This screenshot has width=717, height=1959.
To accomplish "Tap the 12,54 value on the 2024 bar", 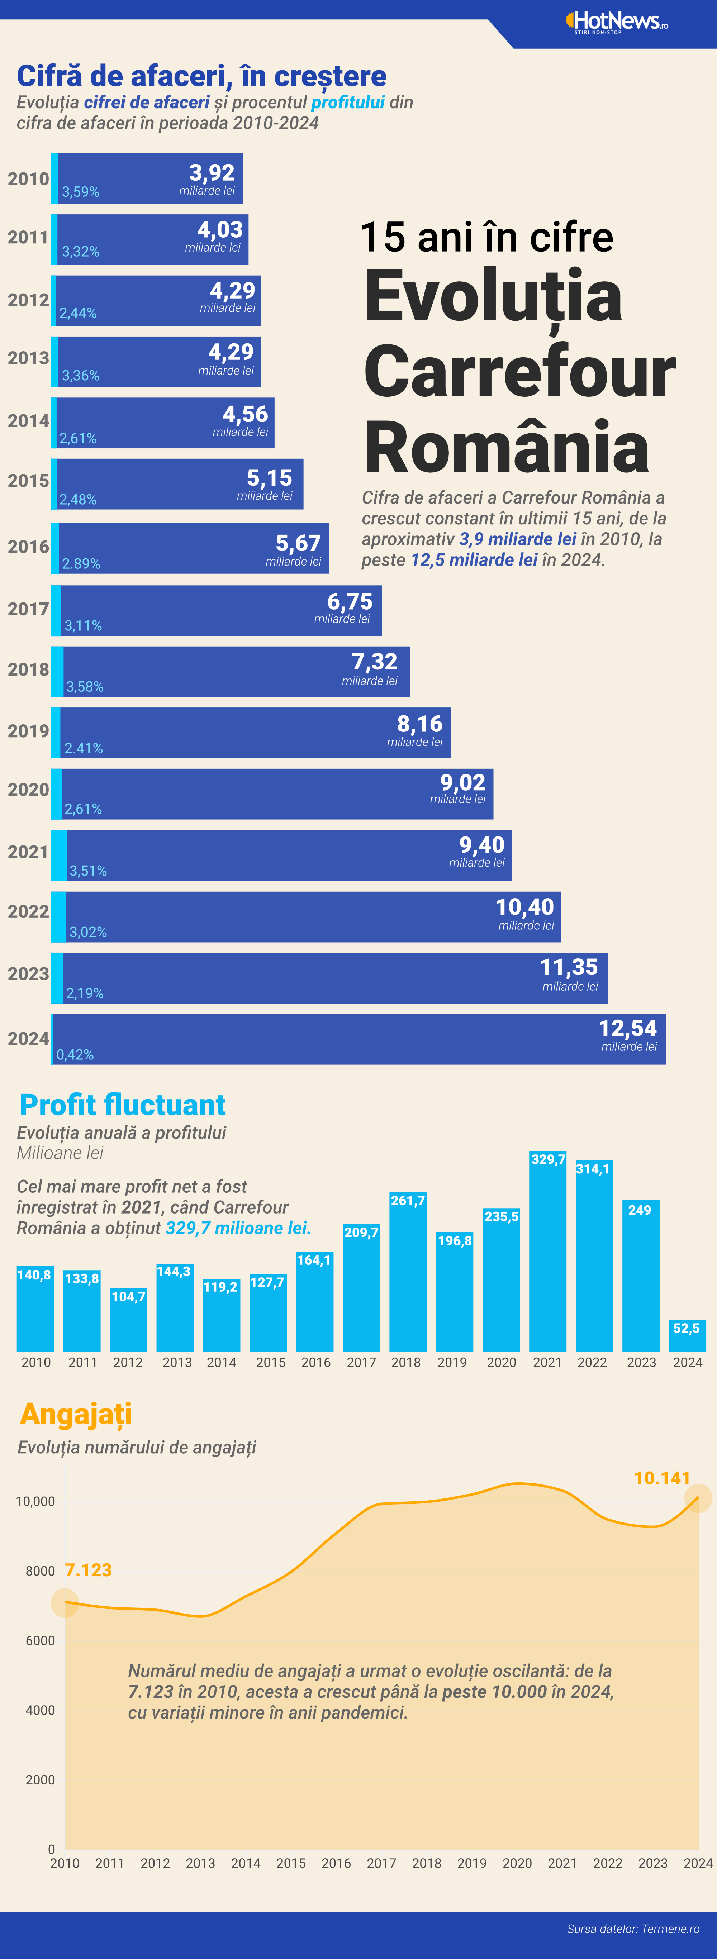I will click(627, 1028).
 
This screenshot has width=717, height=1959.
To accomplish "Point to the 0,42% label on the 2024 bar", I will click(75, 1055).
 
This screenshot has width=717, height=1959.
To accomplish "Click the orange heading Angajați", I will click(76, 1414).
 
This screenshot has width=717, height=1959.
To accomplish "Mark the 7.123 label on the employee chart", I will click(88, 1570).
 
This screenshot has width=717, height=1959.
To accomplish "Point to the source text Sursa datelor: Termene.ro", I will click(633, 1929).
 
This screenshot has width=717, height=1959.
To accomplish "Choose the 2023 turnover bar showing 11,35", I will click(334, 978).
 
